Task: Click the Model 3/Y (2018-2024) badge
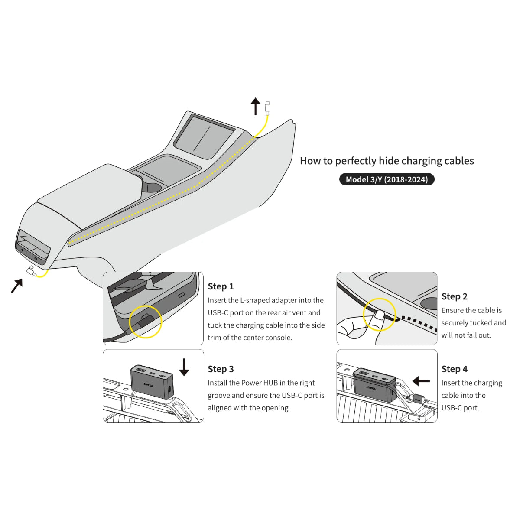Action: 387,179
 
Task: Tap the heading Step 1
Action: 221,286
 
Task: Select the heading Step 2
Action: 454,296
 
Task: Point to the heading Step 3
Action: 221,369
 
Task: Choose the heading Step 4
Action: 455,369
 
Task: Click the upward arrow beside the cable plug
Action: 255,106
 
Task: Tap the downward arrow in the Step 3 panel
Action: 184,367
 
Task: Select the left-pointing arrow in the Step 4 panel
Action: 421,381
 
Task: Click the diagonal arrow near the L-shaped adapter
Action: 17,286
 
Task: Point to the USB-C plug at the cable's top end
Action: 267,108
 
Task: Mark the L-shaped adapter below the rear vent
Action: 32,271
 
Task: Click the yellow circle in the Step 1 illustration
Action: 145,322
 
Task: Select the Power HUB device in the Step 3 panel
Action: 152,382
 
